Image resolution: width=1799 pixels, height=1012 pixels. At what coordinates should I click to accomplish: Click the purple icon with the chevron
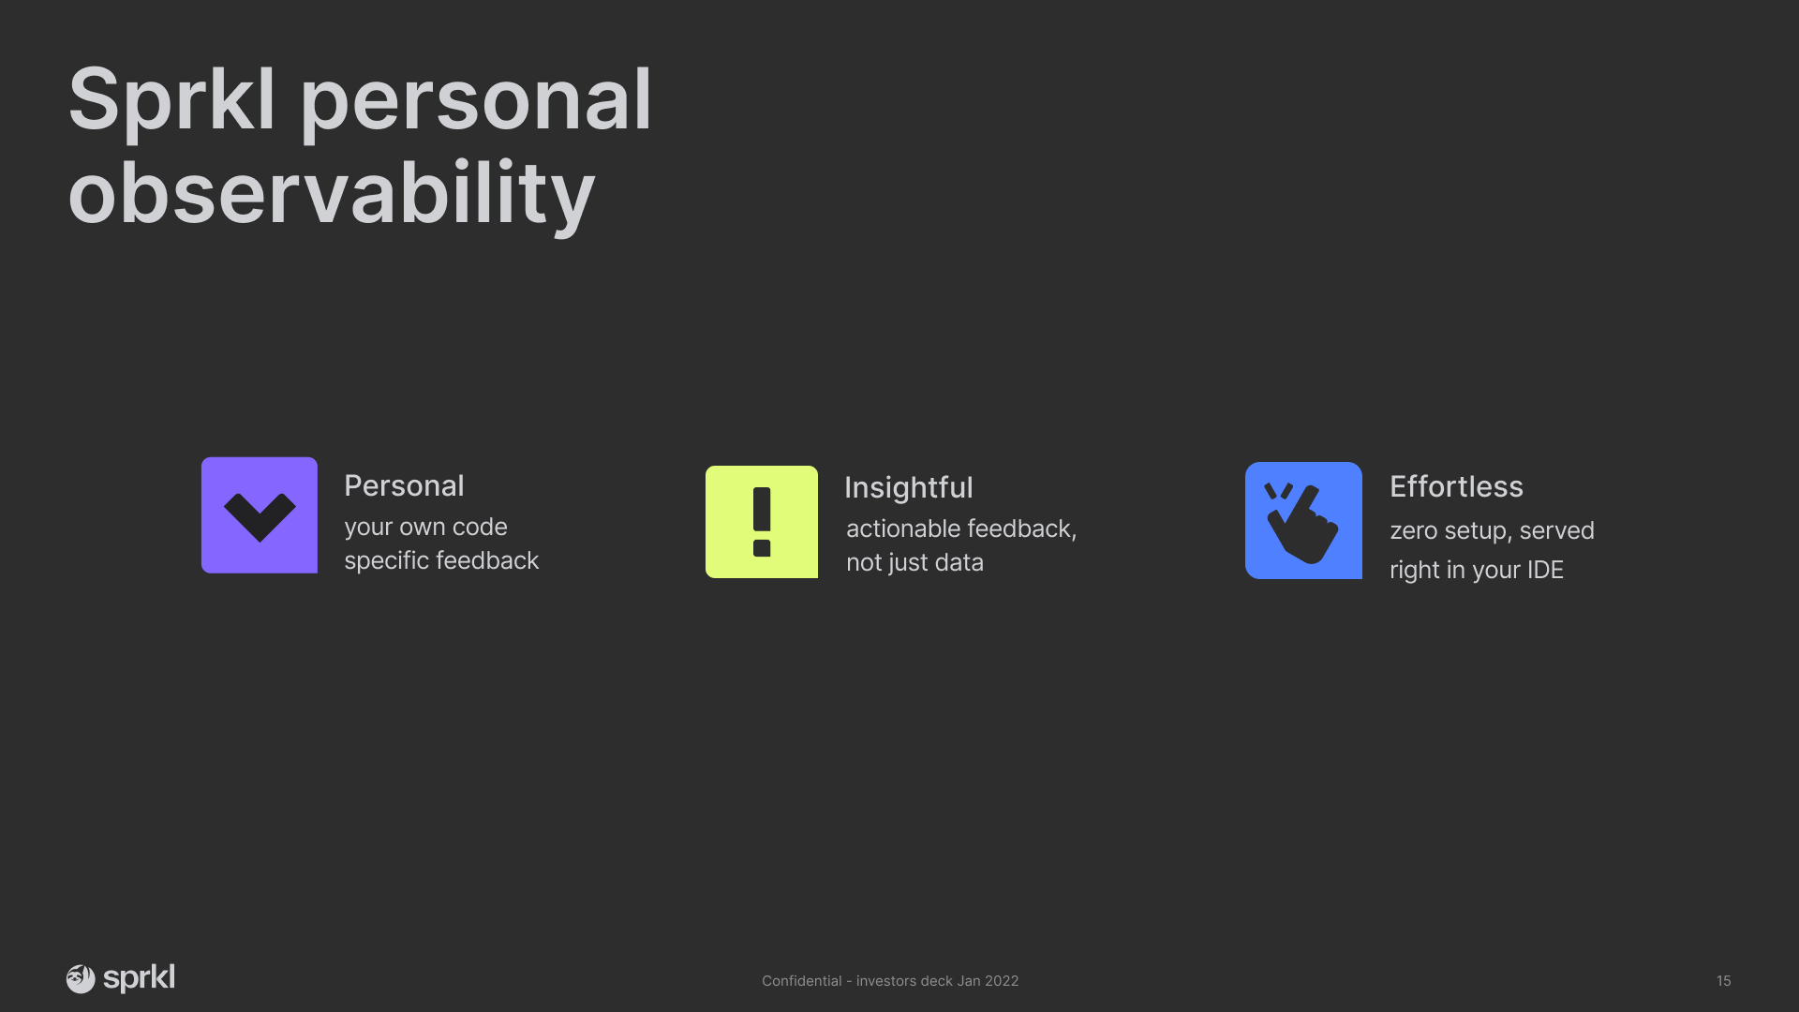coord(260,515)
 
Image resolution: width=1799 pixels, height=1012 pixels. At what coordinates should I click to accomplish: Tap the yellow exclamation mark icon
coord(762,522)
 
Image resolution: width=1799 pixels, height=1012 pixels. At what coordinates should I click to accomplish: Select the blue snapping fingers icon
coord(1303,520)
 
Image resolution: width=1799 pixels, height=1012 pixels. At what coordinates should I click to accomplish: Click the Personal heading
coord(404,485)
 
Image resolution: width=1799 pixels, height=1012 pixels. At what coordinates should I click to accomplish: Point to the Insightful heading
coord(909,487)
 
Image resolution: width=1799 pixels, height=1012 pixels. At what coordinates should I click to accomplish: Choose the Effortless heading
coord(1456,486)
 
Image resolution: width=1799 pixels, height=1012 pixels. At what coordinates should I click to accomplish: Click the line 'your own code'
coord(425,527)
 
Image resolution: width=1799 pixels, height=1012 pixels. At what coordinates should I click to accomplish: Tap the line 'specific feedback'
coord(441,560)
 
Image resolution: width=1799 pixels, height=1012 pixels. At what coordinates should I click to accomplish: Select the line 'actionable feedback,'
coord(961,529)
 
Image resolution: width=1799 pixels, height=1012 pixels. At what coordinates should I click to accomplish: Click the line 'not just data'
coord(914,562)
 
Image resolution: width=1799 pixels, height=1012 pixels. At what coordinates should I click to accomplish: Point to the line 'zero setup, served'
coord(1492,531)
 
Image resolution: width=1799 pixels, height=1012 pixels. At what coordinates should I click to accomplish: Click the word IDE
coord(1545,570)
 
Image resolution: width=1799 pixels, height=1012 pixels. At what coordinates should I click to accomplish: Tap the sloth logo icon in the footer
coord(81,979)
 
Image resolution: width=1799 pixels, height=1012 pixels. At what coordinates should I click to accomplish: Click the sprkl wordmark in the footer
coord(139,978)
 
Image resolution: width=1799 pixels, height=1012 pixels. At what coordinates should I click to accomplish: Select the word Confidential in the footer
coord(801,981)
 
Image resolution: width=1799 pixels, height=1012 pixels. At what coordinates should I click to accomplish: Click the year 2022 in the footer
coord(1002,981)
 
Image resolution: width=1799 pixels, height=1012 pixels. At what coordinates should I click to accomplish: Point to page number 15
coord(1723,981)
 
